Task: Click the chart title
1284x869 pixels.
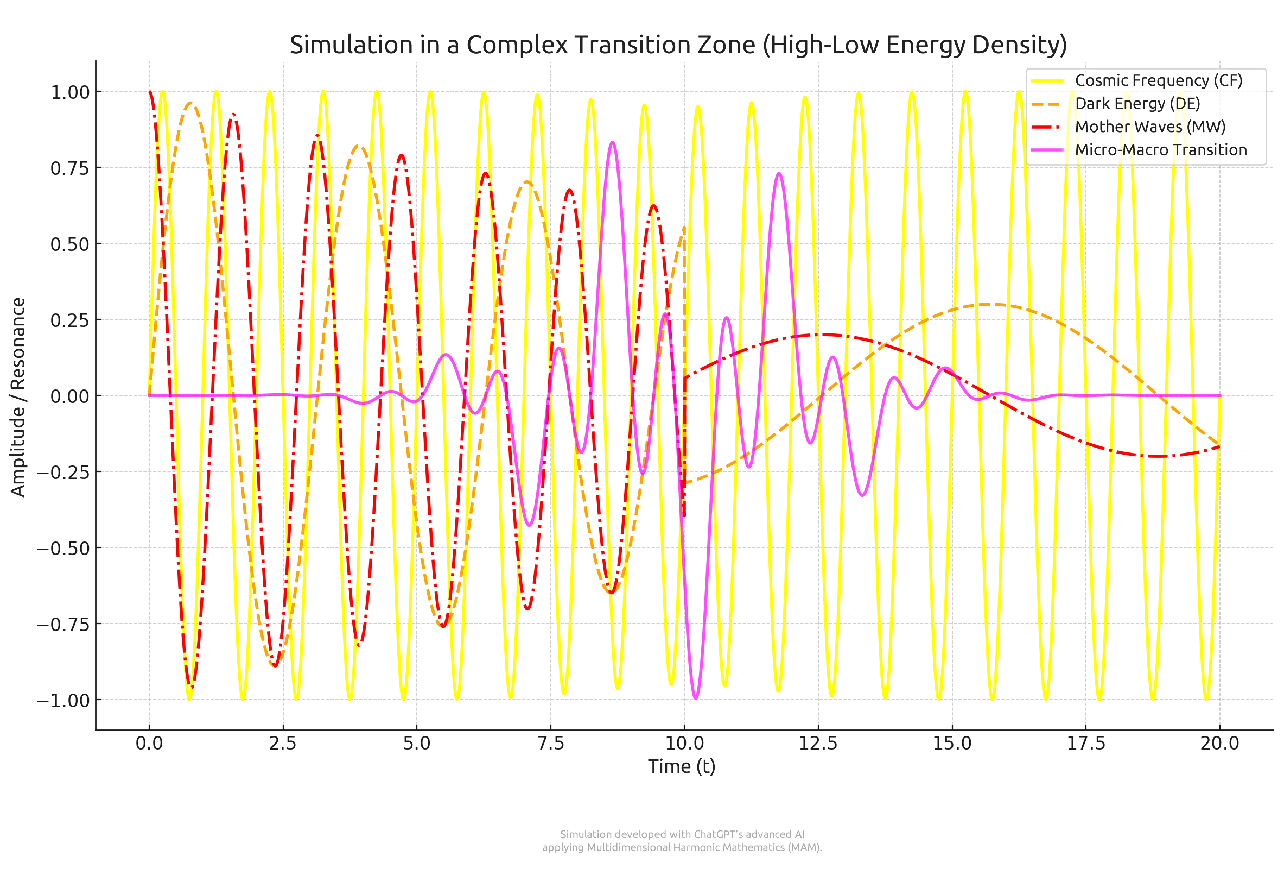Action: point(678,45)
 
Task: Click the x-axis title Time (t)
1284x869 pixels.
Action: point(681,766)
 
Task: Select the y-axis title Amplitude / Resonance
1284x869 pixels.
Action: point(18,397)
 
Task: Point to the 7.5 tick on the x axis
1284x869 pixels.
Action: point(550,743)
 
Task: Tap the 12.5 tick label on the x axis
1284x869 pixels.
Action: point(818,743)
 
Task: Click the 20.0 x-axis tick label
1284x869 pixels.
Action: point(1219,743)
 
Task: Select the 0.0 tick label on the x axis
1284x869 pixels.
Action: point(149,743)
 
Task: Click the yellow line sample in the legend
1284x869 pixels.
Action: point(1046,81)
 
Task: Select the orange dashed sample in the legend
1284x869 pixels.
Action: point(1046,104)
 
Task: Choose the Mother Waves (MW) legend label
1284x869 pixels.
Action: point(1149,127)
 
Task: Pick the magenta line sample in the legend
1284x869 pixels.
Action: point(1046,150)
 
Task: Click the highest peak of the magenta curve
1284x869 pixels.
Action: point(612,143)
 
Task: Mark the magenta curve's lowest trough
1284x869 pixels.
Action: point(695,698)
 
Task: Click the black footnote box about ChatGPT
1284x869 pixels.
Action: point(683,840)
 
